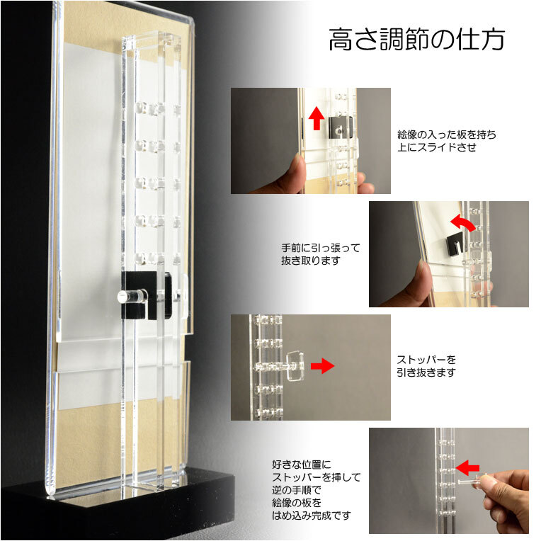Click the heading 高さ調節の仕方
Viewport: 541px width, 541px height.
417,40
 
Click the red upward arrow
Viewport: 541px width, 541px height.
317,118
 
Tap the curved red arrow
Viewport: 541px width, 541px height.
463,222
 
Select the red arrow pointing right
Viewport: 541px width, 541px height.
323,365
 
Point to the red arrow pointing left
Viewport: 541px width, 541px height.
467,467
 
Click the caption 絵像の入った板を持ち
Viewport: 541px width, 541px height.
447,135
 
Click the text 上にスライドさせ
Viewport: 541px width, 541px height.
437,147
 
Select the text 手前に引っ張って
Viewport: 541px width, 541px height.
321,248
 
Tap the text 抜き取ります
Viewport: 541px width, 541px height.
311,261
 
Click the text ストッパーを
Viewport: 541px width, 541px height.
426,360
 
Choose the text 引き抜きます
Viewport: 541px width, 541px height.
426,372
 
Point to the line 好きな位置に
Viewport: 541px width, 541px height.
302,465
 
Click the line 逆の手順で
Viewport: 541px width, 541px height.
297,490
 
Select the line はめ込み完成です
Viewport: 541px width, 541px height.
312,516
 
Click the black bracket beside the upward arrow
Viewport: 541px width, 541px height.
341,127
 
